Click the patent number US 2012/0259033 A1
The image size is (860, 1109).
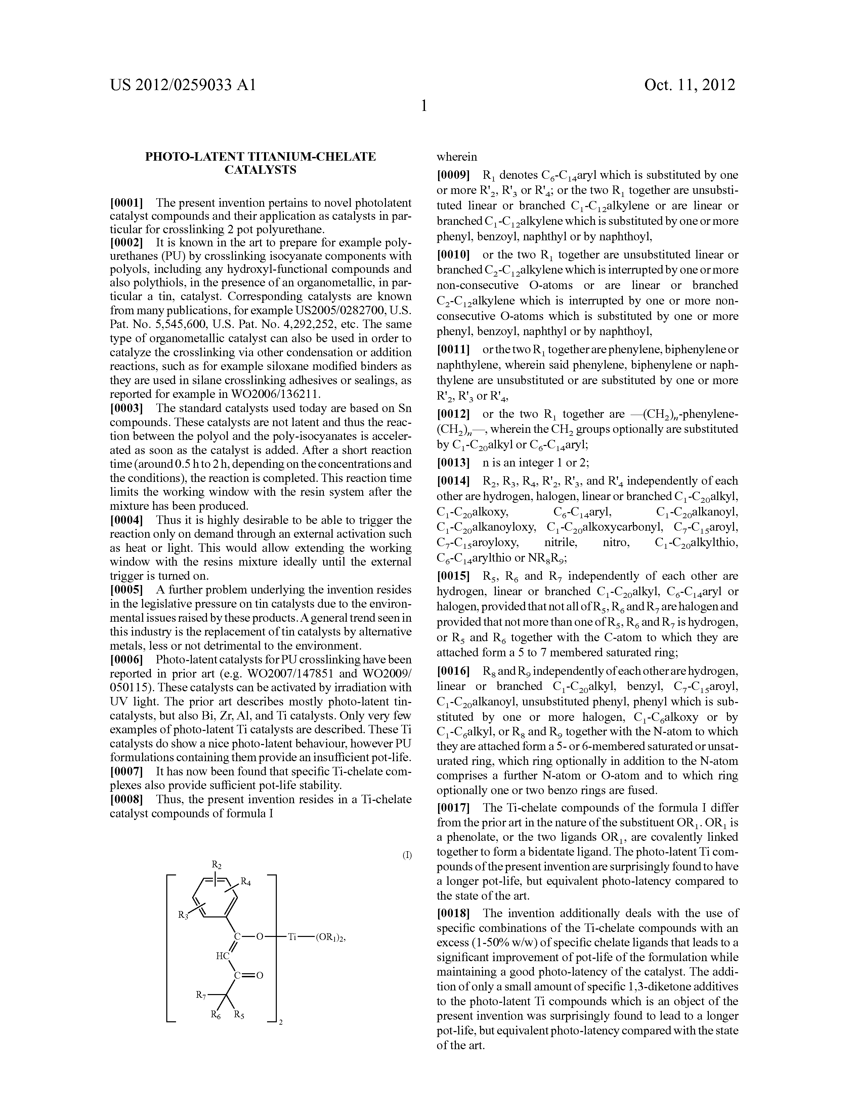(x=183, y=85)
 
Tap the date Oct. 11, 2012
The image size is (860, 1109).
(x=689, y=85)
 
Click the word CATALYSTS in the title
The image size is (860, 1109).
(x=260, y=170)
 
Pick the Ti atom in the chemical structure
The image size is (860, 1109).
(x=292, y=936)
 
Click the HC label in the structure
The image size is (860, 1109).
(x=222, y=956)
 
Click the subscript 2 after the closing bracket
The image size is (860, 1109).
(x=281, y=1023)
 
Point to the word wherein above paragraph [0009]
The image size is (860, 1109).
(x=457, y=157)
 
